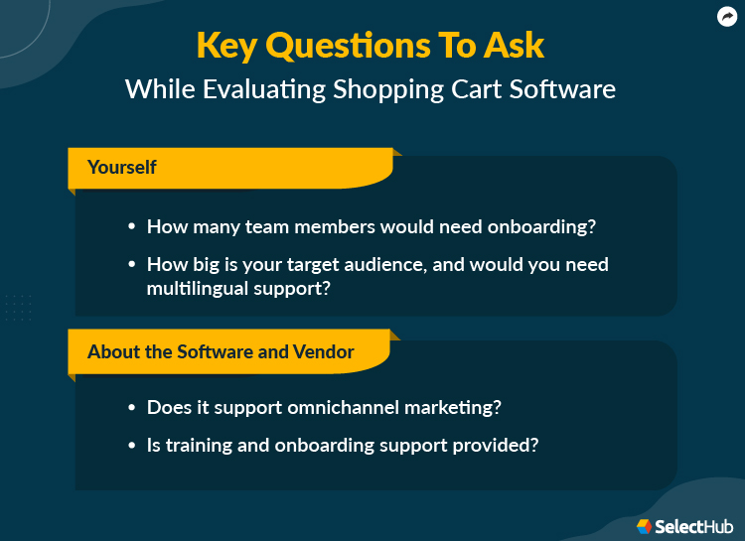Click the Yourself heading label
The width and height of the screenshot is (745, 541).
coord(122,167)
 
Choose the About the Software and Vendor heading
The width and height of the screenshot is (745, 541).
coord(221,352)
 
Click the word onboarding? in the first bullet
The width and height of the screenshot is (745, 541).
coord(541,226)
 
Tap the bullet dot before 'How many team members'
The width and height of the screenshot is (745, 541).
coord(131,226)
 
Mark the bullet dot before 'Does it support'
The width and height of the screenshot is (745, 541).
coord(131,407)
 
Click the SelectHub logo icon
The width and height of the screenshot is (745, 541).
coord(644,526)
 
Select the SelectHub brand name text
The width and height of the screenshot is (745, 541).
coord(693,526)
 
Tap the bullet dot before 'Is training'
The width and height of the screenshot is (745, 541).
coord(131,446)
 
